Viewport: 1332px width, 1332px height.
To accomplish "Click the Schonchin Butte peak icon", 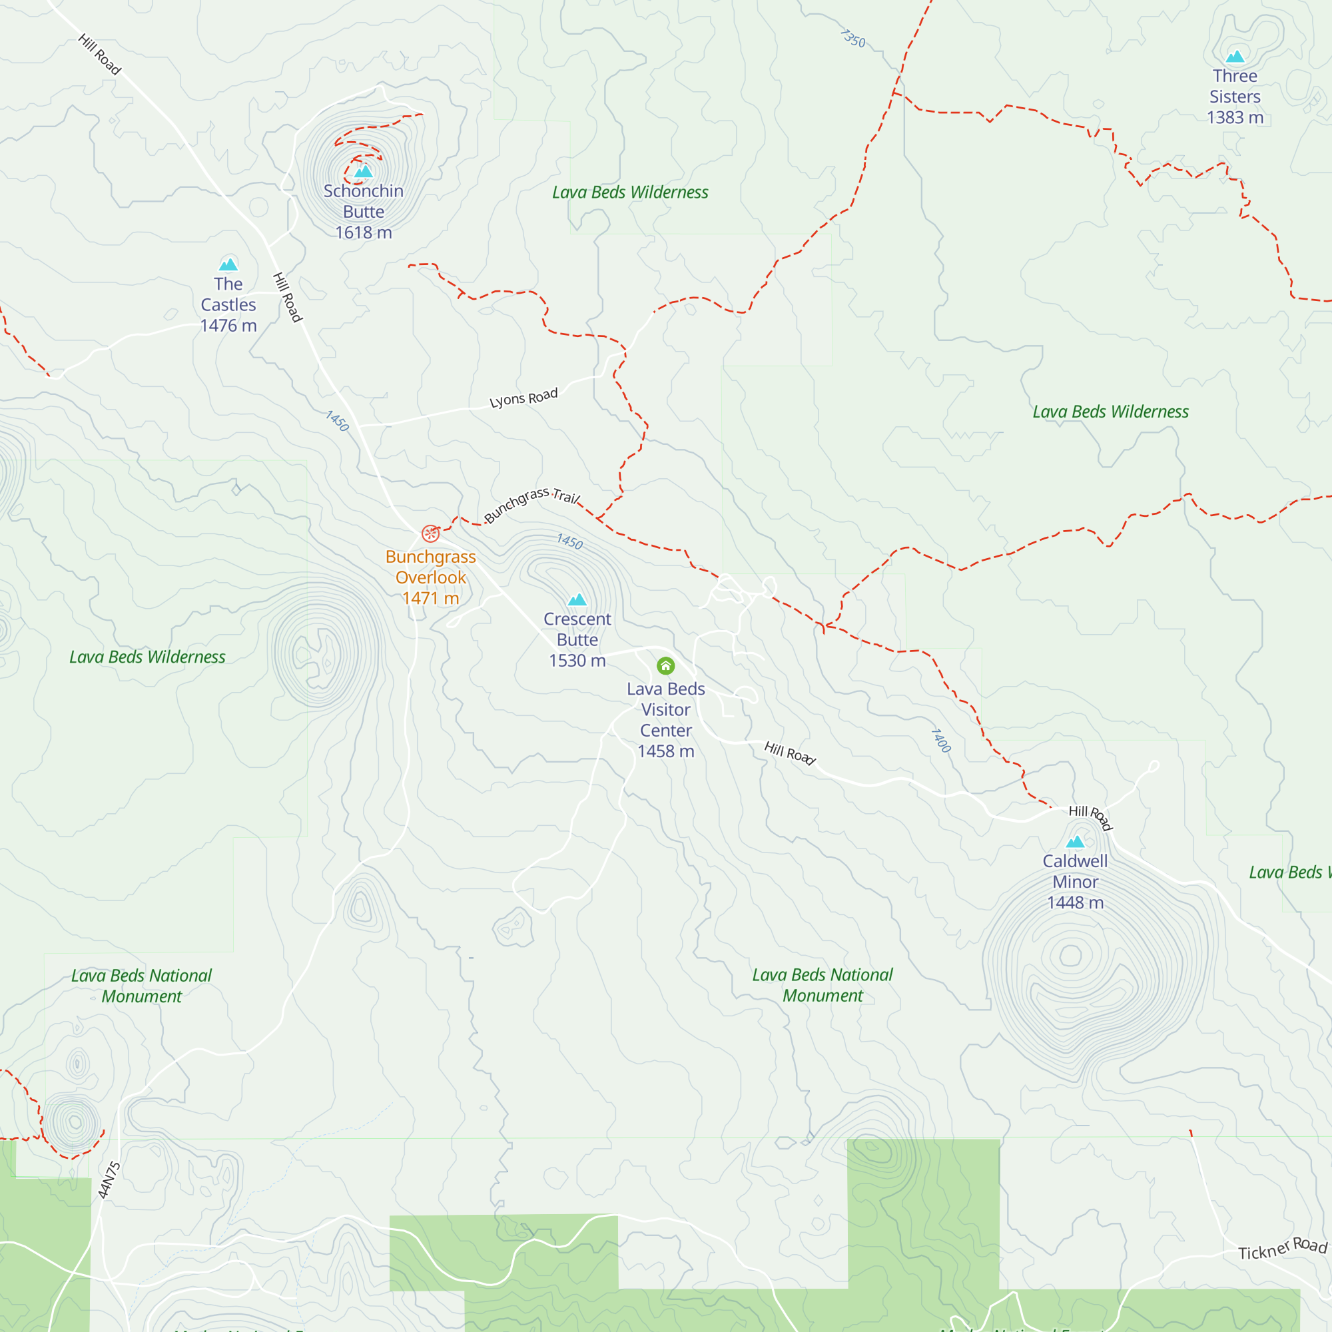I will click(364, 171).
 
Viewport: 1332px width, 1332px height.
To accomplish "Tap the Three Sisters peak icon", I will click(1235, 57).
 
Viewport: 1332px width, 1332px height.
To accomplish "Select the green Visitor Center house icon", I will click(665, 665).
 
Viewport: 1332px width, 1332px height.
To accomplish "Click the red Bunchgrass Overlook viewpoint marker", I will click(430, 533).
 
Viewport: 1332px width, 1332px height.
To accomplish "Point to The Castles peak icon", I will click(228, 264).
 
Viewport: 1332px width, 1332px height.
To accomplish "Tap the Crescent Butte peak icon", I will click(577, 599).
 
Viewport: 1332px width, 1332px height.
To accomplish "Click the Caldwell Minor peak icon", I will click(1075, 841).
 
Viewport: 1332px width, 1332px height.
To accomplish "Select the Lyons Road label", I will click(523, 398).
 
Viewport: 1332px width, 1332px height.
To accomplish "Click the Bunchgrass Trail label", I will click(531, 504).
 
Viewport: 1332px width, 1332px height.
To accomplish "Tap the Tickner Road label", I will click(1281, 1249).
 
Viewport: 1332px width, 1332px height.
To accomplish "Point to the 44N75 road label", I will click(109, 1179).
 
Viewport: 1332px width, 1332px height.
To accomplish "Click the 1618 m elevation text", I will click(364, 232).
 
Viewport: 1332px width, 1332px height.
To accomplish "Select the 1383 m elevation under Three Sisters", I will click(1235, 117).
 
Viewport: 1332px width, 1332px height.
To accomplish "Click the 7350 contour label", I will click(853, 38).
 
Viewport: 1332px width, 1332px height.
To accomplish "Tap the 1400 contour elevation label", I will click(940, 741).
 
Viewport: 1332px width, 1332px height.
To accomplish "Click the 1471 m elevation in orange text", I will click(430, 598).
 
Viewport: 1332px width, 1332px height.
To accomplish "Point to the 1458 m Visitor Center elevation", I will click(665, 751).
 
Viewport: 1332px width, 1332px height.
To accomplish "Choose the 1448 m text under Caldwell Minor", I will click(1075, 902).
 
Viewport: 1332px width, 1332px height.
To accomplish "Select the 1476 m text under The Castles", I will click(228, 326).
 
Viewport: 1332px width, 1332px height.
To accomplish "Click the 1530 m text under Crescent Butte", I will click(577, 661).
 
